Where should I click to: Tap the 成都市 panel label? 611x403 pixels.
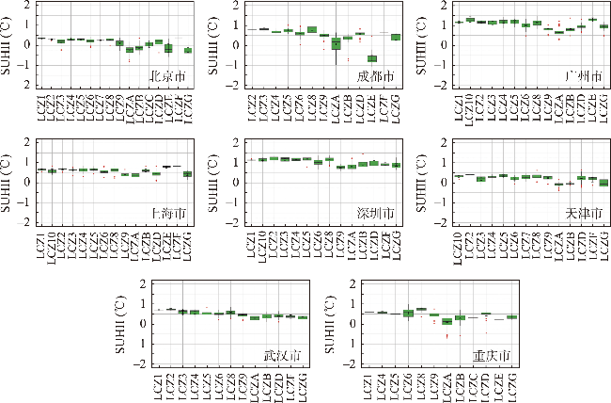point(376,75)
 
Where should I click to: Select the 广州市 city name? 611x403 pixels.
point(583,75)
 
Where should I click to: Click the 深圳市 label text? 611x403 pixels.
point(376,215)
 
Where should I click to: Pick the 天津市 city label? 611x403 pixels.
point(583,215)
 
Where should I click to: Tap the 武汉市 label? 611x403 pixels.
point(283,356)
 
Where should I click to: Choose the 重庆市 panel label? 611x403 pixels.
point(491,356)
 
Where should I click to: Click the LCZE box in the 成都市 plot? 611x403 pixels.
point(372,58)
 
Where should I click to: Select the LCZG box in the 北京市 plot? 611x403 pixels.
point(188,50)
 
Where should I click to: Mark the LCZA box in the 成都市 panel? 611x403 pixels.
point(337,44)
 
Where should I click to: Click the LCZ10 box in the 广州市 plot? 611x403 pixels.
point(470,19)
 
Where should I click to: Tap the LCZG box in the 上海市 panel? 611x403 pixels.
point(188,174)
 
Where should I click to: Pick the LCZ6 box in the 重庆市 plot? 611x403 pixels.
point(408,313)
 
